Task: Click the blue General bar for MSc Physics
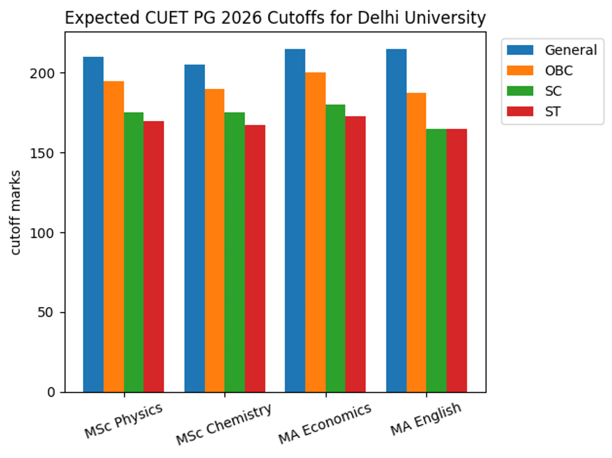point(93,224)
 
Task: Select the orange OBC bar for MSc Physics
point(113,237)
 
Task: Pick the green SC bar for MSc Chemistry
point(235,252)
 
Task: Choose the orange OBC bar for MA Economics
point(315,233)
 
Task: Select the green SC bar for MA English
point(436,261)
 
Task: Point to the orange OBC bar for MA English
point(416,243)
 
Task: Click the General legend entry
point(570,50)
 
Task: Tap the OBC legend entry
point(558,70)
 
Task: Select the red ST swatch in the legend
point(520,112)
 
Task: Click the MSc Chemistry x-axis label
point(223,425)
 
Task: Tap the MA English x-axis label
point(426,420)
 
